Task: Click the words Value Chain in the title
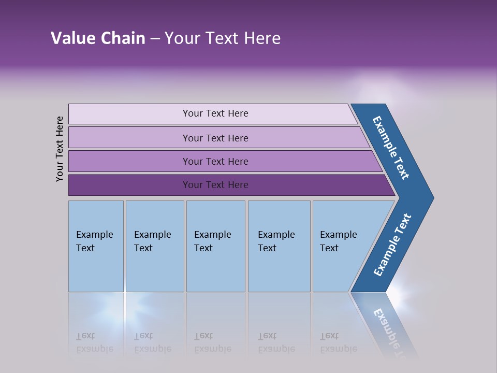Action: click(x=98, y=38)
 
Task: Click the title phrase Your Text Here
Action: click(x=223, y=38)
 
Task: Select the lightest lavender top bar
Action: click(x=129, y=114)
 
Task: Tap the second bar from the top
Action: click(x=129, y=138)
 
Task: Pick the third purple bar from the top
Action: click(x=129, y=161)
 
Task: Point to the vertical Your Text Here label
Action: click(x=60, y=149)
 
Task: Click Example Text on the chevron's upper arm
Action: click(x=391, y=148)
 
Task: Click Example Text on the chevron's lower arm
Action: click(x=392, y=245)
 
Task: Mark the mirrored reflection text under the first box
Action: click(x=94, y=342)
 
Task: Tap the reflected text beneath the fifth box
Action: click(x=338, y=342)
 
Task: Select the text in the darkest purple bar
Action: click(x=215, y=185)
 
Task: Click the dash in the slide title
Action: click(x=155, y=39)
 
